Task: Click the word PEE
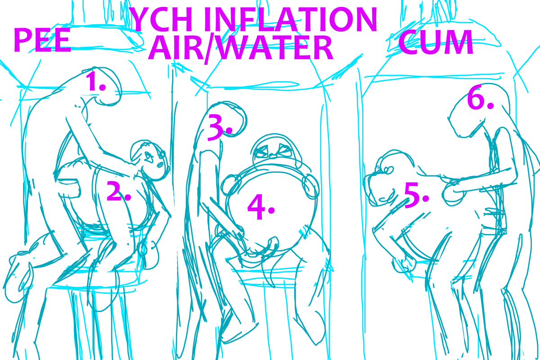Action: tap(42, 40)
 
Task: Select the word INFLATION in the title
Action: tap(291, 19)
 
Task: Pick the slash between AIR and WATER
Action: tap(209, 49)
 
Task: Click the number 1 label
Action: tap(95, 81)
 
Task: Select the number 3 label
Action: tap(220, 128)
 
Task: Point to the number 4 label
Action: tap(261, 207)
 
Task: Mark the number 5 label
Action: tap(416, 195)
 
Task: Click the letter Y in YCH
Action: tap(141, 19)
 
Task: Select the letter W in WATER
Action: tap(231, 48)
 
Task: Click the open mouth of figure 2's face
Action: tap(160, 165)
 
